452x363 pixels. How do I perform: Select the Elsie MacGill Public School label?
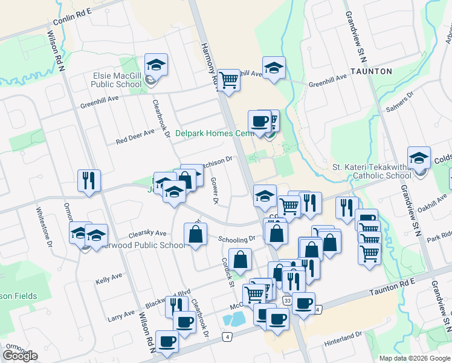click(x=116, y=80)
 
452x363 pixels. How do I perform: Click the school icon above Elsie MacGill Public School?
click(x=156, y=65)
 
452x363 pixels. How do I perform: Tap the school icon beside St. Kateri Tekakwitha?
click(x=419, y=159)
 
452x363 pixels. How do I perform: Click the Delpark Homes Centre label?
click(x=213, y=133)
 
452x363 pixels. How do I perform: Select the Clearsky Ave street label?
click(x=147, y=234)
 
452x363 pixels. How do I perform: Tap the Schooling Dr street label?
click(x=237, y=239)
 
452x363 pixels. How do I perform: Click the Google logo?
click(x=20, y=356)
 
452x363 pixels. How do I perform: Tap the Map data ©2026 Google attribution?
click(x=415, y=358)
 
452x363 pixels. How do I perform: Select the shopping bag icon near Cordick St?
click(x=241, y=260)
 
